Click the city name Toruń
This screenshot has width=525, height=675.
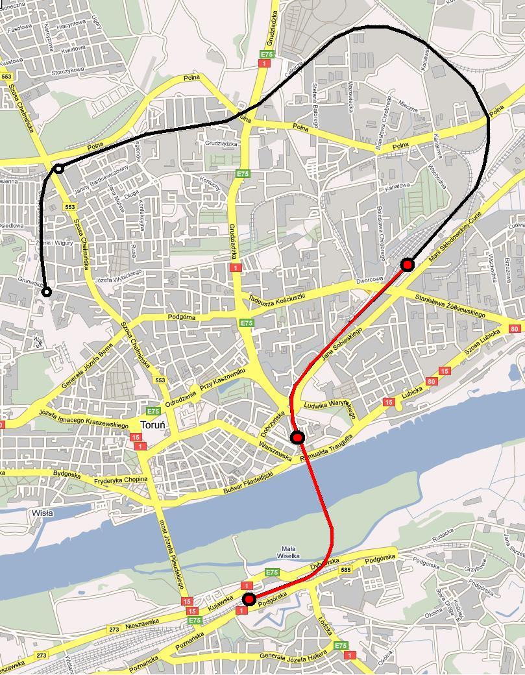[153, 425]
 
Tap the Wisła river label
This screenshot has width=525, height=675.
[42, 513]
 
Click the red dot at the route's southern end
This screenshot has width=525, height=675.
[249, 598]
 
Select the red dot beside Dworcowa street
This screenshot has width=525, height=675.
[407, 264]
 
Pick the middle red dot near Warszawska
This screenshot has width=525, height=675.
[297, 437]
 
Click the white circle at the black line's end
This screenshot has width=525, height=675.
[47, 293]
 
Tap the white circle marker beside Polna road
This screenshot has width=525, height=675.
[59, 169]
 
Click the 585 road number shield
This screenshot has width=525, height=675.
[345, 570]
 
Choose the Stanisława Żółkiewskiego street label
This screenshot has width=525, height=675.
[450, 306]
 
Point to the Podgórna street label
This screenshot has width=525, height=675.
[181, 317]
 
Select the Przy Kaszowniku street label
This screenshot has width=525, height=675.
[222, 381]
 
